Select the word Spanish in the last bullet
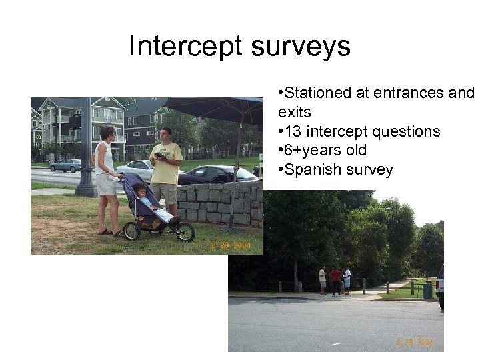pyautogui.click(x=313, y=170)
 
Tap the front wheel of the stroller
pyautogui.click(x=185, y=232)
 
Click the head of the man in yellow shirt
pyautogui.click(x=166, y=133)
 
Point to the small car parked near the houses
pyautogui.click(x=65, y=165)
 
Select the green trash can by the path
pyautogui.click(x=427, y=290)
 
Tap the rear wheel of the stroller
pyautogui.click(x=132, y=231)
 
